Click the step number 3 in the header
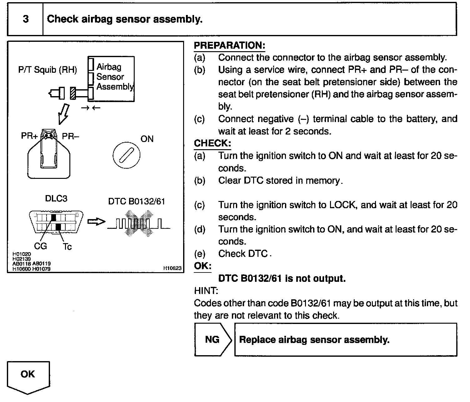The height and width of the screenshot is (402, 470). pyautogui.click(x=26, y=19)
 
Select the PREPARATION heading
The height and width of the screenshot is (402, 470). pyautogui.click(x=229, y=45)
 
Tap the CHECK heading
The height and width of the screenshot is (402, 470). pyautogui.click(x=212, y=143)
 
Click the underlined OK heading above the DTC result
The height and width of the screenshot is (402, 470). pyautogui.click(x=202, y=266)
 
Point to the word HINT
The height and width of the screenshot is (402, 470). pyautogui.click(x=206, y=291)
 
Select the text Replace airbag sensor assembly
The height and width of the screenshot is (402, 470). pyautogui.click(x=314, y=340)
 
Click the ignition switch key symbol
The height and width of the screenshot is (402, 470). pyautogui.click(x=126, y=155)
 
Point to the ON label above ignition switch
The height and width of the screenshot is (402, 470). pyautogui.click(x=147, y=139)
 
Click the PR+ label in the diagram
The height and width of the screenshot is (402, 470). pyautogui.click(x=29, y=136)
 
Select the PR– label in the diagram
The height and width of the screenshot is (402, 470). pyautogui.click(x=71, y=136)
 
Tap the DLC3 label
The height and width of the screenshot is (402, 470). pyautogui.click(x=56, y=199)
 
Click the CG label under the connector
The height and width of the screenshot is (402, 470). pyautogui.click(x=40, y=246)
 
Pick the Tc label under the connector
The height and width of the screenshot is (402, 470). pyautogui.click(x=67, y=247)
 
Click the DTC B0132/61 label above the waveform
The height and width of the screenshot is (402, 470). pyautogui.click(x=136, y=201)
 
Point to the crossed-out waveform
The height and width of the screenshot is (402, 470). pyautogui.click(x=139, y=223)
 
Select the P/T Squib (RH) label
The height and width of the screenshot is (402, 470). pyautogui.click(x=47, y=70)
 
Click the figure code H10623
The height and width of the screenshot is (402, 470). pyautogui.click(x=172, y=268)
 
